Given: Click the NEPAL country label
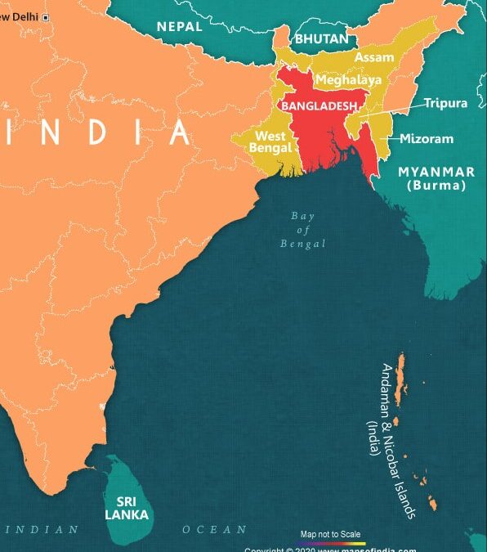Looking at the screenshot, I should click(180, 26).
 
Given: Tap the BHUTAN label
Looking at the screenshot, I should click(322, 38).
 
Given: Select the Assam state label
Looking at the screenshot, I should click(373, 58).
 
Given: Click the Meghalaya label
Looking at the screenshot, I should click(348, 80).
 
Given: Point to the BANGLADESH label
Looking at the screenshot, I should click(318, 106).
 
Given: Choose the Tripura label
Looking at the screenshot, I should click(445, 103).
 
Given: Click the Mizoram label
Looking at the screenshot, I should click(427, 138).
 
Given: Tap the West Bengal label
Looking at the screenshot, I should click(272, 141).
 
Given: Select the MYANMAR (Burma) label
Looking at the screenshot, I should click(436, 178).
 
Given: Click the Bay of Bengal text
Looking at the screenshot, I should click(302, 230).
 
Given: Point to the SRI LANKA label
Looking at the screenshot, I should click(127, 508).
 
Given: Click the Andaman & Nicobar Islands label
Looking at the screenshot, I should click(391, 442).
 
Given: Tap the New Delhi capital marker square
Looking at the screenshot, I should click(45, 17).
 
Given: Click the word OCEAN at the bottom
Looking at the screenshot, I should click(214, 530).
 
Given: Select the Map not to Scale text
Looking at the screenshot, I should click(332, 534).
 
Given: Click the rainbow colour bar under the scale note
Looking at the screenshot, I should click(332, 543).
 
